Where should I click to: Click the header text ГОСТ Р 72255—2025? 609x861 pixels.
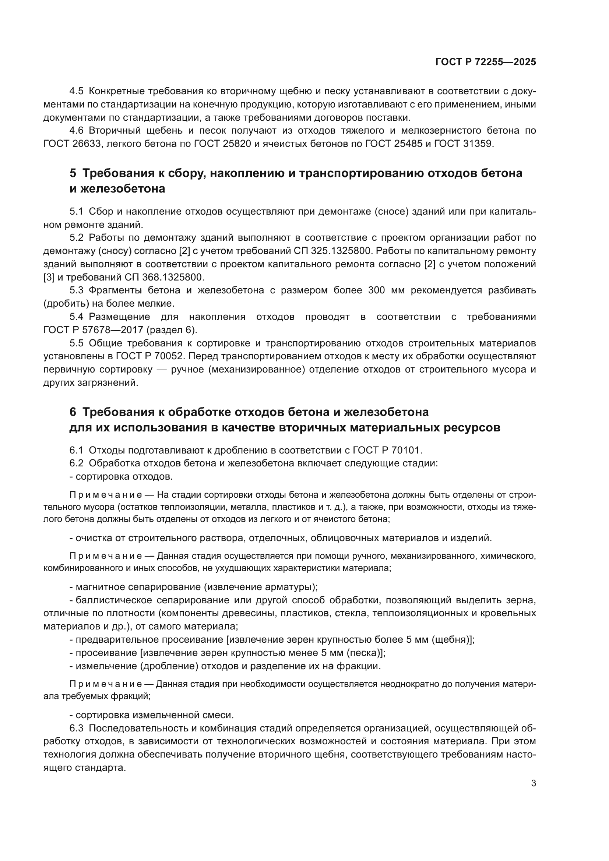[486, 62]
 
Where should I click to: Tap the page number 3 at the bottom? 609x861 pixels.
[533, 783]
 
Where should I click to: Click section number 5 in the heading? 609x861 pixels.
[73, 173]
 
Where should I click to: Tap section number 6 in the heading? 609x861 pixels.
[73, 412]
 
